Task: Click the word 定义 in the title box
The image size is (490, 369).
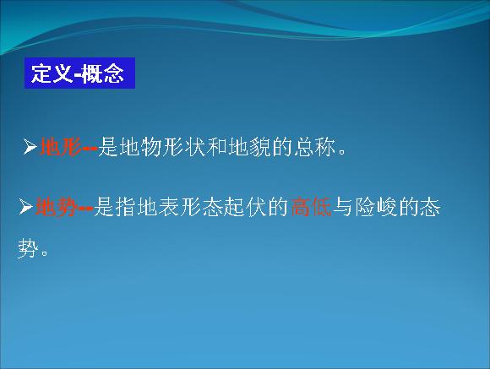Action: [52, 73]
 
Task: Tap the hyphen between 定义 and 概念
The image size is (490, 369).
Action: [78, 75]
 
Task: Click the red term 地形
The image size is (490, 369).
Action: [61, 147]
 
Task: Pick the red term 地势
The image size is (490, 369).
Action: [57, 207]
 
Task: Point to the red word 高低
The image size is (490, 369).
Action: [311, 207]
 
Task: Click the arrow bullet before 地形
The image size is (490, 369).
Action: [30, 147]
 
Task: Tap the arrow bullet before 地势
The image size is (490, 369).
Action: [25, 207]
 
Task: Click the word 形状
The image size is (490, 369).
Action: [184, 147]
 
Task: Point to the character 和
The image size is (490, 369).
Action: [216, 147]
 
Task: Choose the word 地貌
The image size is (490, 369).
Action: [249, 147]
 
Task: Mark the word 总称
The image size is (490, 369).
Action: [314, 147]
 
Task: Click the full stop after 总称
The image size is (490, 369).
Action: [342, 152]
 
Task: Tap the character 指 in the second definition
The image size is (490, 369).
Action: [125, 207]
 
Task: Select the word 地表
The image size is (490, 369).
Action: [158, 207]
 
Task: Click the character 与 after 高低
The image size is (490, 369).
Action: [343, 207]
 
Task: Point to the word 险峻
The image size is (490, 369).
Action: [376, 207]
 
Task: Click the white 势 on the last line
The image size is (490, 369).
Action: [28, 249]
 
